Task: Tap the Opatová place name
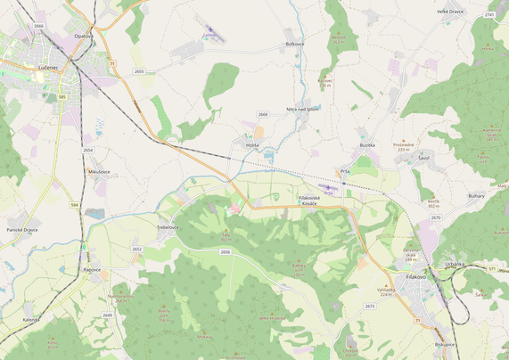coord(83,36)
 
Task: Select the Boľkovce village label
coord(295,44)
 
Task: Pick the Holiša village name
coord(252,144)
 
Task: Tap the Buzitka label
coord(367,144)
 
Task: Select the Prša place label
coord(345,171)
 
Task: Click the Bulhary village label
coord(476,195)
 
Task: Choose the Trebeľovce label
coord(168,227)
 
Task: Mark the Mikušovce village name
coord(99,171)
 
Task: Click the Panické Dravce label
coord(22,230)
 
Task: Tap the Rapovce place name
coord(92,269)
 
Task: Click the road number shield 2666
coord(38,26)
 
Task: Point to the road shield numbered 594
coord(75,205)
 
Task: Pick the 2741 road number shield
coord(489,15)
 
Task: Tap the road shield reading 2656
coord(225,252)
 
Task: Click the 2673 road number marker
coord(370,307)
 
